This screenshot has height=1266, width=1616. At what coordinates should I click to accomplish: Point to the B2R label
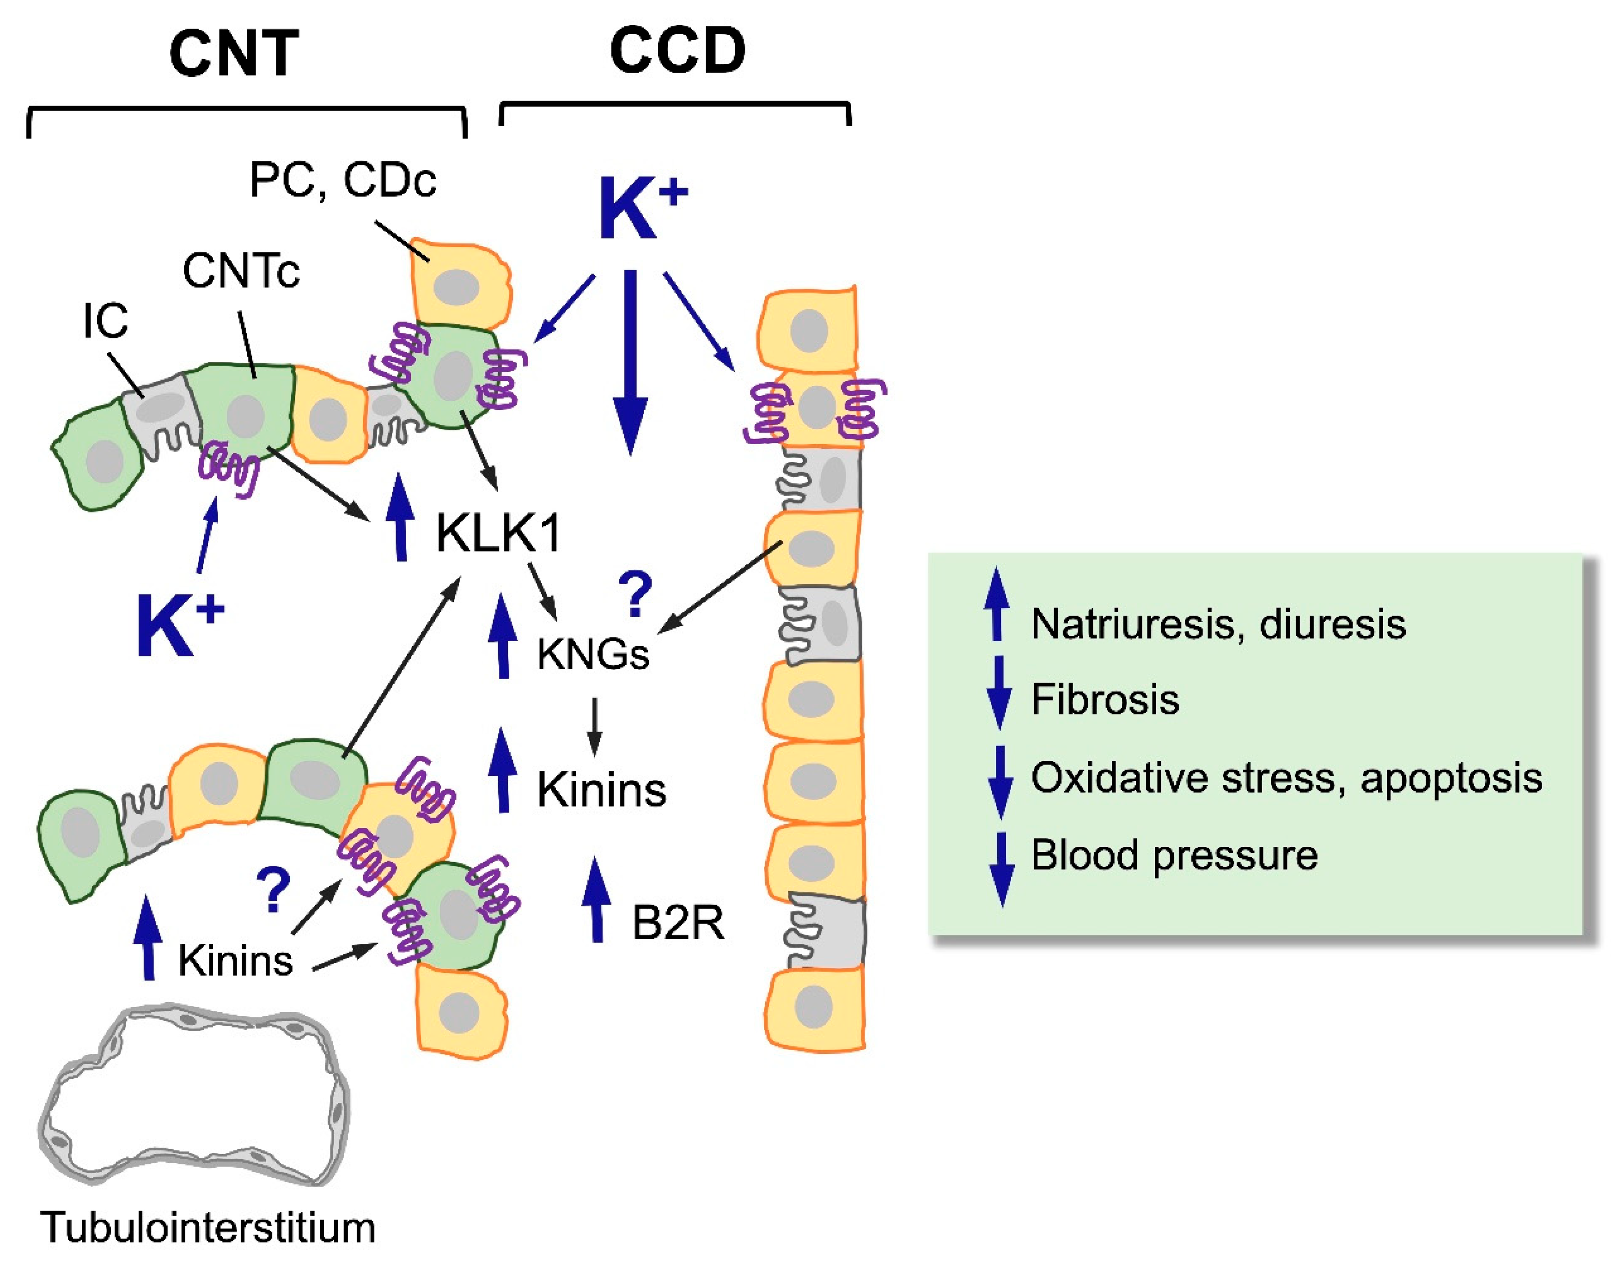click(x=677, y=923)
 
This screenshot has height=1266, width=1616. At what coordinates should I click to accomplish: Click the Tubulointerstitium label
click(x=208, y=1228)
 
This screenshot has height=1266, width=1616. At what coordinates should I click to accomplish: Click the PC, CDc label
click(x=343, y=180)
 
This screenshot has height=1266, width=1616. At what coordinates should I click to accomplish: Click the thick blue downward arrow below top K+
click(x=630, y=363)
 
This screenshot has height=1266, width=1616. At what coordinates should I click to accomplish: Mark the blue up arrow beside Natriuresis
click(x=997, y=604)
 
